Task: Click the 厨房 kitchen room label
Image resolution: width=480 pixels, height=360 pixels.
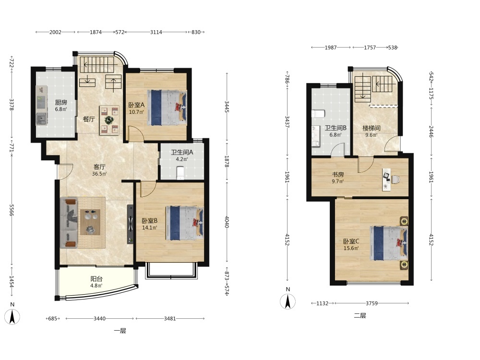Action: pyautogui.click(x=61, y=103)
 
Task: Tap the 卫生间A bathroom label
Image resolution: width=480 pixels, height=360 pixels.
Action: pyautogui.click(x=182, y=152)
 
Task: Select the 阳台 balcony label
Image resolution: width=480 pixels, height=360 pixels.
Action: pyautogui.click(x=96, y=279)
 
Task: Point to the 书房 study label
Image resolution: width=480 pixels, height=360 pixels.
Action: pyautogui.click(x=338, y=175)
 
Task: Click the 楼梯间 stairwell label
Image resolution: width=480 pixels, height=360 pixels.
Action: pyautogui.click(x=372, y=128)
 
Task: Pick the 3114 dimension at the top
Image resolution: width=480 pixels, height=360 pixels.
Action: pyautogui.click(x=156, y=32)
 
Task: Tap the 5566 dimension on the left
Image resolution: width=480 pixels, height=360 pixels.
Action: pyautogui.click(x=12, y=210)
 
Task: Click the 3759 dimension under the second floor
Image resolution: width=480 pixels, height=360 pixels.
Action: pyautogui.click(x=372, y=303)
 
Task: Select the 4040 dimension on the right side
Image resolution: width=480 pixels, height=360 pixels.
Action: pyautogui.click(x=227, y=222)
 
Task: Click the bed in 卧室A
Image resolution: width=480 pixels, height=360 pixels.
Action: pyautogui.click(x=167, y=108)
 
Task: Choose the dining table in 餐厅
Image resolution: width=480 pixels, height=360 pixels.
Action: pyautogui.click(x=109, y=120)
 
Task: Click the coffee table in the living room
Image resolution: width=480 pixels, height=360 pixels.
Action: pyautogui.click(x=90, y=222)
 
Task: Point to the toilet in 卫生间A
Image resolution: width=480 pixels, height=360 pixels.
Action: pyautogui.click(x=180, y=173)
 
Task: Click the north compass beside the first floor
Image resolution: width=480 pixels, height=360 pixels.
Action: pyautogui.click(x=12, y=317)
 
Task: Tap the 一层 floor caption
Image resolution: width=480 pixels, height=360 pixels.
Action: pyautogui.click(x=120, y=331)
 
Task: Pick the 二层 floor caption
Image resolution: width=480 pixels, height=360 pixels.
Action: pyautogui.click(x=360, y=316)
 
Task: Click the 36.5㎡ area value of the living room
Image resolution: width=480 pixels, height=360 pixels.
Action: pyautogui.click(x=99, y=174)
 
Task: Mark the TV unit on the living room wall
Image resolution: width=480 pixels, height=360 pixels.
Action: pyautogui.click(x=131, y=224)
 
